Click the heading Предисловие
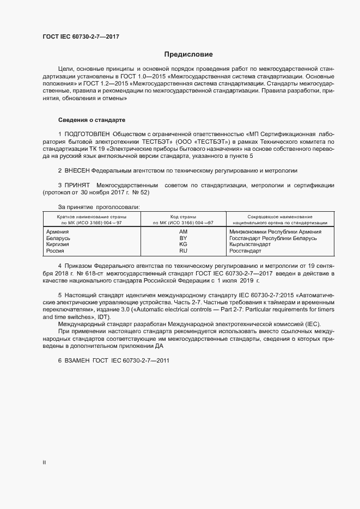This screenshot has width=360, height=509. pyautogui.click(x=188, y=54)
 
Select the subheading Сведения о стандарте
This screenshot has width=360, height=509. pyautogui.click(x=92, y=119)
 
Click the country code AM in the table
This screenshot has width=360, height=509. pyautogui.click(x=183, y=231)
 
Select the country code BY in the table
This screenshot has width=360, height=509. pyautogui.click(x=183, y=238)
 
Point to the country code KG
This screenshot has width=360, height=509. pyautogui.click(x=183, y=244)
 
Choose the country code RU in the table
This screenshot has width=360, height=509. pyautogui.click(x=183, y=251)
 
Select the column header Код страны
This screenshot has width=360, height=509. pyautogui.click(x=183, y=217)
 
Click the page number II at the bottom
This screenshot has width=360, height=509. pyautogui.click(x=44, y=463)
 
